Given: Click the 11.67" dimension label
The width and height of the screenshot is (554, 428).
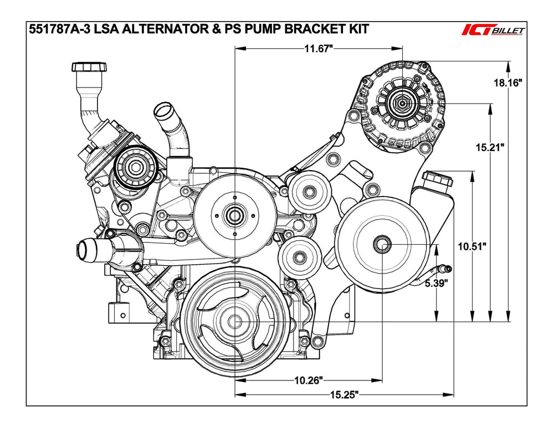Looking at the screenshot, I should [318, 49].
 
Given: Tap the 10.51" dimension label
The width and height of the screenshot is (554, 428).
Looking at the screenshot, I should [471, 246].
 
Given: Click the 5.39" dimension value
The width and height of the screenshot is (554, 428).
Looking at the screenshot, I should [437, 284].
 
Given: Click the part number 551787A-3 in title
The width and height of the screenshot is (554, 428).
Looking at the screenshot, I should [58, 29].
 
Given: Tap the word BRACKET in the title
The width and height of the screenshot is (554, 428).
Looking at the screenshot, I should [310, 29].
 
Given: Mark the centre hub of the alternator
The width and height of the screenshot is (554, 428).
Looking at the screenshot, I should [400, 102].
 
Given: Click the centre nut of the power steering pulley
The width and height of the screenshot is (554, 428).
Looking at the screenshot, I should [382, 245].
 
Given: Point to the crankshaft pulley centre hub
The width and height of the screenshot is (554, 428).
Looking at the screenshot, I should [235, 321].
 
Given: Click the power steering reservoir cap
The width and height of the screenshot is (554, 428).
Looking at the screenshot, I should [437, 179].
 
